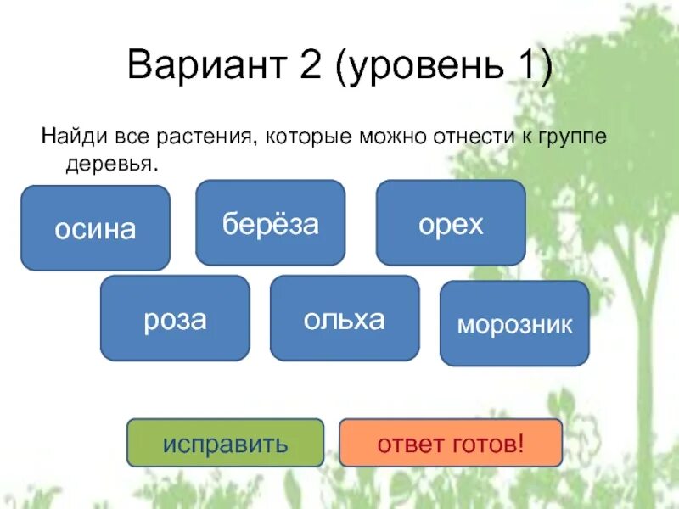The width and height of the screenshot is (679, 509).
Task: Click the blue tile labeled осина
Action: click(95, 228)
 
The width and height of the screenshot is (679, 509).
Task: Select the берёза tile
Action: click(270, 223)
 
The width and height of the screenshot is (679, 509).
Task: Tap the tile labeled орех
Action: click(451, 223)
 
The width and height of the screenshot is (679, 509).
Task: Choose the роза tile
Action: click(175, 318)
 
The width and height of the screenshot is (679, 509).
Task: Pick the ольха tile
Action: click(345, 318)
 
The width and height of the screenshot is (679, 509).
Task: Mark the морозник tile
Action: click(514, 324)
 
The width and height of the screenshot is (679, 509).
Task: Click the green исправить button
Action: click(225, 442)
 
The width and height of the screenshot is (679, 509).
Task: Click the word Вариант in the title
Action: click(200, 65)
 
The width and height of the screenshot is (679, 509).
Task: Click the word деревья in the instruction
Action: click(111, 164)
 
